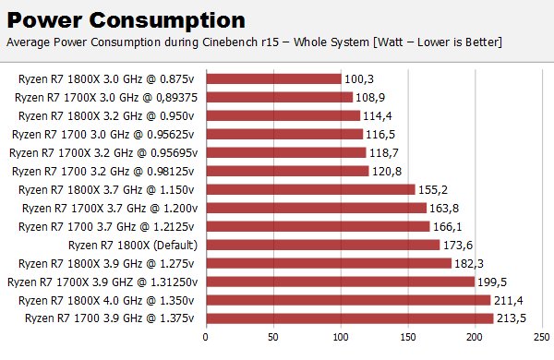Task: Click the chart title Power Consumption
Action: (x=126, y=21)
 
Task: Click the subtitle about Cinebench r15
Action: (x=254, y=42)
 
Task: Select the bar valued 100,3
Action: (x=274, y=78)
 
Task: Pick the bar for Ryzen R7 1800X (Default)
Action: (x=323, y=245)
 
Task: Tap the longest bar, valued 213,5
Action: (x=350, y=318)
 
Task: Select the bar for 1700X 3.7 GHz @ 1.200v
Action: (x=317, y=208)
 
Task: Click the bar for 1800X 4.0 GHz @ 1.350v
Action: (x=349, y=300)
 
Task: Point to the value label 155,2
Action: (x=433, y=190)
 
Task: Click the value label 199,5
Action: (x=492, y=282)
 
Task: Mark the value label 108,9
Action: (x=370, y=98)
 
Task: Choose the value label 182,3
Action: (x=469, y=264)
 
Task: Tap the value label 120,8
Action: (x=387, y=172)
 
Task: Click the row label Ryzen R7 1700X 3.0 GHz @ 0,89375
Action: (x=106, y=98)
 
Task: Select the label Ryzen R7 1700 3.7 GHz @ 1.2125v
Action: (x=106, y=227)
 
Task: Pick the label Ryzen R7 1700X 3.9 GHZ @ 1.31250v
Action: (x=102, y=282)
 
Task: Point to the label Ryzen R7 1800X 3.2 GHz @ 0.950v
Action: (x=106, y=116)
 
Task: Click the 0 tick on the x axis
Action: (x=205, y=337)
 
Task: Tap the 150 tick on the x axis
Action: (x=408, y=337)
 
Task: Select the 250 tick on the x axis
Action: (x=542, y=337)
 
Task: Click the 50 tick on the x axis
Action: (x=273, y=337)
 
